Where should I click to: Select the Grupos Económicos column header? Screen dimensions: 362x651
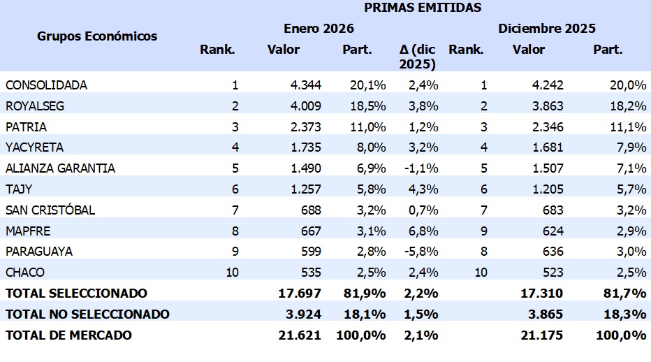pyautogui.click(x=97, y=36)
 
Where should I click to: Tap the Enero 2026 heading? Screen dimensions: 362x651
pyautogui.click(x=319, y=29)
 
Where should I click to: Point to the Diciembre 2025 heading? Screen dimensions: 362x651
pyautogui.click(x=547, y=29)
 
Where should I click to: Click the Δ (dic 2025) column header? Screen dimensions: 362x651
pyautogui.click(x=418, y=57)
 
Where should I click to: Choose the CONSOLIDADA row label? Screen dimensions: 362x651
pyautogui.click(x=47, y=85)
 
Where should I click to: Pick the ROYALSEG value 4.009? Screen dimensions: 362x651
pyautogui.click(x=306, y=106)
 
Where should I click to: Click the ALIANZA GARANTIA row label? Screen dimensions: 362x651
pyautogui.click(x=60, y=168)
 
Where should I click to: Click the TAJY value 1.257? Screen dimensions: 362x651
pyautogui.click(x=306, y=189)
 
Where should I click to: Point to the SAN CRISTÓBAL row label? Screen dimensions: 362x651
pyautogui.click(x=50, y=210)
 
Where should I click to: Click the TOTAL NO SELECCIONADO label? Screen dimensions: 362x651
pyautogui.click(x=87, y=314)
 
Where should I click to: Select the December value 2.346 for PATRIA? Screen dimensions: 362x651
pyautogui.click(x=548, y=127)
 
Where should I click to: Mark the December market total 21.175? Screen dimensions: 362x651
pyautogui.click(x=543, y=335)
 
